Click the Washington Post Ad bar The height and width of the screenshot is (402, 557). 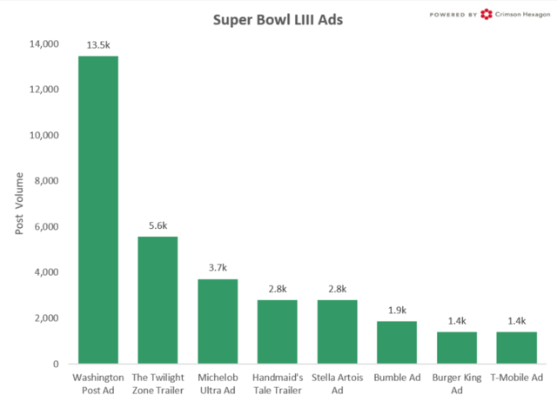click(98, 210)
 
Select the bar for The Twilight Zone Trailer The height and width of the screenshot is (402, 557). click(158, 300)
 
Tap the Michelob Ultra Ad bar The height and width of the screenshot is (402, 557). click(218, 321)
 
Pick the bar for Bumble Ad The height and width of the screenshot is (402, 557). click(397, 342)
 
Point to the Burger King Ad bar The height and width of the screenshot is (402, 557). click(456, 347)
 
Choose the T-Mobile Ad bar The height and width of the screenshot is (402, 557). click(516, 347)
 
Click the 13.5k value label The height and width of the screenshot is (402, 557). click(98, 44)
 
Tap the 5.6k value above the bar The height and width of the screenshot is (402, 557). click(158, 224)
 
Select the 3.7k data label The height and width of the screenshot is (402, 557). click(218, 267)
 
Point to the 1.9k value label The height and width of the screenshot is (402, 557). click(397, 310)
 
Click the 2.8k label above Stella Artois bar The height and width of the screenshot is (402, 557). click(337, 288)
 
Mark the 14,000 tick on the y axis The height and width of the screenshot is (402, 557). click(43, 44)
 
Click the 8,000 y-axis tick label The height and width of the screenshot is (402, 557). click(45, 181)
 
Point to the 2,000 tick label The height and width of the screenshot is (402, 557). click(45, 318)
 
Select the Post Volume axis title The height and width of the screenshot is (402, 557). click(19, 204)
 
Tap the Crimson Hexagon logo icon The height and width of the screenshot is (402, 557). click(486, 14)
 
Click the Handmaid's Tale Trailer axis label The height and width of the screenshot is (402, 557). click(277, 385)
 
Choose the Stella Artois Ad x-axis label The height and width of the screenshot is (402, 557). click(337, 385)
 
